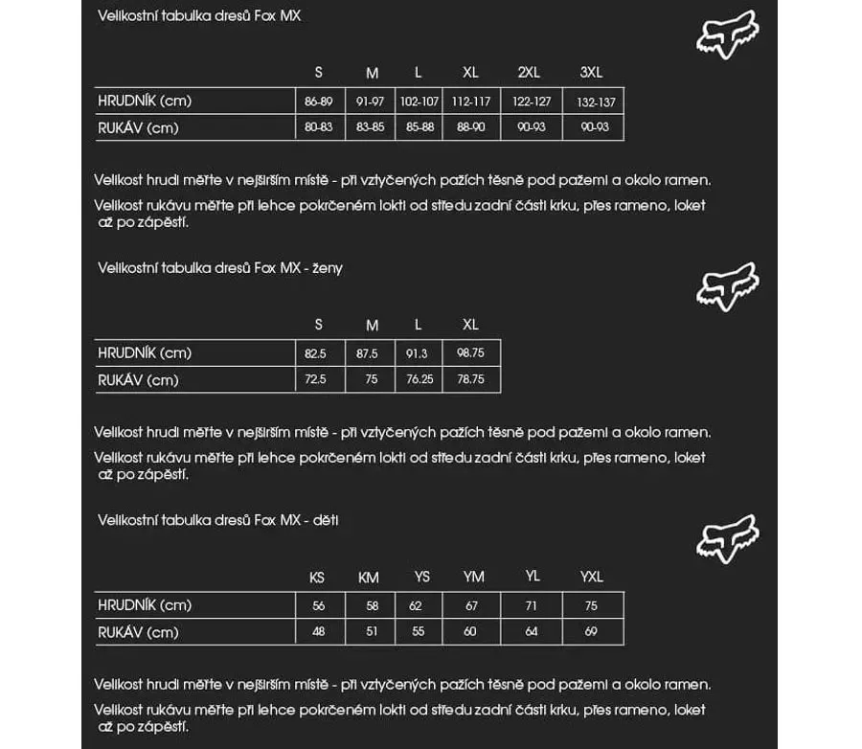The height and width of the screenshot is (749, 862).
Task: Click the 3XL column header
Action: (591, 73)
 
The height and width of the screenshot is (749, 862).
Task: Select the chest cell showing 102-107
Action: (420, 102)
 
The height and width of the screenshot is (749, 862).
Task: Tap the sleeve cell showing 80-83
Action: (318, 127)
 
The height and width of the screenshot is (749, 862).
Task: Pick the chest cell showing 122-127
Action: (532, 102)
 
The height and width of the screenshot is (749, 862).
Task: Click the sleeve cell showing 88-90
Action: (470, 127)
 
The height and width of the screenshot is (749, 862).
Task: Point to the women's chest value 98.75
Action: (470, 353)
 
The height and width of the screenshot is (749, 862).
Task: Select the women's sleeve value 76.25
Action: (420, 380)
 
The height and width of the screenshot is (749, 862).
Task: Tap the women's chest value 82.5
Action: (316, 353)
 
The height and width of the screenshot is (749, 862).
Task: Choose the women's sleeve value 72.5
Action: (316, 380)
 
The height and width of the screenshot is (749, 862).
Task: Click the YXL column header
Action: (592, 577)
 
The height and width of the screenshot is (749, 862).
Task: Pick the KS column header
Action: (317, 578)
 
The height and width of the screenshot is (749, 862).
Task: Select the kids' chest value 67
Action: (471, 605)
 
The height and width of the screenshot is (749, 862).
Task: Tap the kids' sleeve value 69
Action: (591, 632)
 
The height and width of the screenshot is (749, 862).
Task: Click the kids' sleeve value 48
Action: (318, 632)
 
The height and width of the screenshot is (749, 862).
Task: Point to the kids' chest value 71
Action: (532, 605)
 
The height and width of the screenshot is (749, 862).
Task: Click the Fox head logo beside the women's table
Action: (727, 285)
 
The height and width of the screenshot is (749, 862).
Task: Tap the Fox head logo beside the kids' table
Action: (727, 537)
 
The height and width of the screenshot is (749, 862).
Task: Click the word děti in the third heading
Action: (326, 520)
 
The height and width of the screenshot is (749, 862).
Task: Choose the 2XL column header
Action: (529, 73)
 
